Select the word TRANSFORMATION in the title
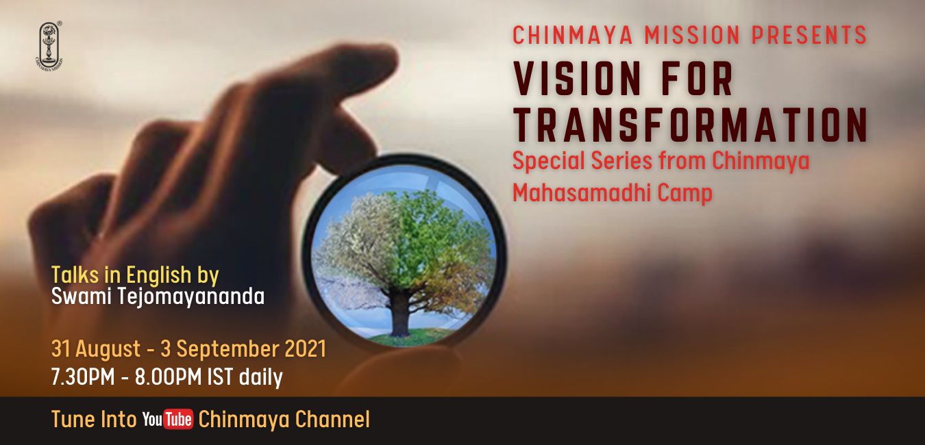coord(691,124)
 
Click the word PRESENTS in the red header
coord(809,35)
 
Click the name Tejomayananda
coord(191,296)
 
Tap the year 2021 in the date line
coord(306,349)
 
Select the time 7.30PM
coord(83,377)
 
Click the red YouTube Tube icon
coord(178,420)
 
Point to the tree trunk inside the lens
coord(399,313)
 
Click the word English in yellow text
coord(158,275)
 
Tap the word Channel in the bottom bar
coord(332,420)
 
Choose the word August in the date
coord(108,350)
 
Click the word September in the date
coord(227,350)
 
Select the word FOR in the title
coord(698,79)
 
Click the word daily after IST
coord(261,377)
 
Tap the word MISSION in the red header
coord(692,35)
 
